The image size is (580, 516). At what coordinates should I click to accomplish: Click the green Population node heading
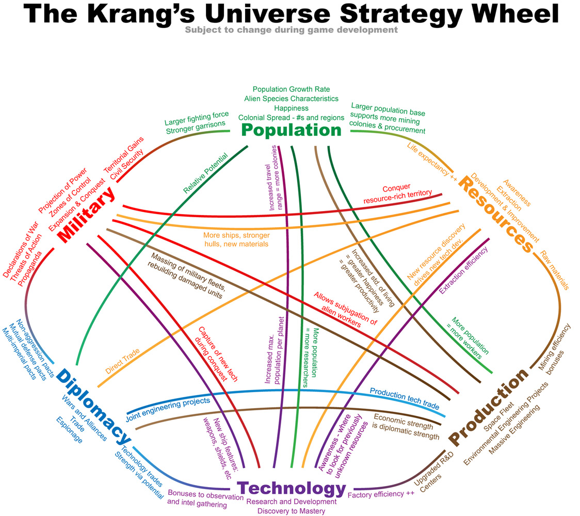click(x=292, y=131)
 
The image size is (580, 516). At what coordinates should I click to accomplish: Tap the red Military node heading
click(x=86, y=215)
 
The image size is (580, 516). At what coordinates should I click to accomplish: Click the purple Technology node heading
click(x=291, y=488)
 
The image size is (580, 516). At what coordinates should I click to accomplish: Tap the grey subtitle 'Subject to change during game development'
click(x=291, y=29)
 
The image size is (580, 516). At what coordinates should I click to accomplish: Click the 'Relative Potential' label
click(x=206, y=173)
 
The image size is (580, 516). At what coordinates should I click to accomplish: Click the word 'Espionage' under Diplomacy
click(x=69, y=430)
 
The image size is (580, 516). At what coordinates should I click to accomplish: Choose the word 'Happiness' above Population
click(x=292, y=108)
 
